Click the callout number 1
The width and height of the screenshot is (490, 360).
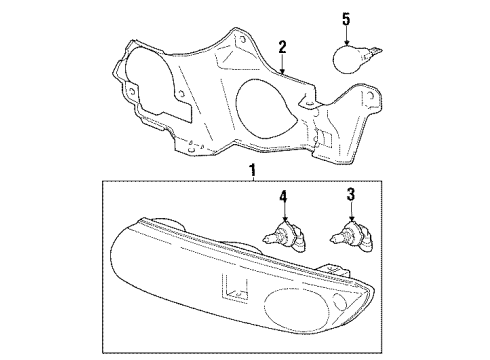pyautogui.click(x=253, y=171)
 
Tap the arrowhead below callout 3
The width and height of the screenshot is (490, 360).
pyautogui.click(x=351, y=218)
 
